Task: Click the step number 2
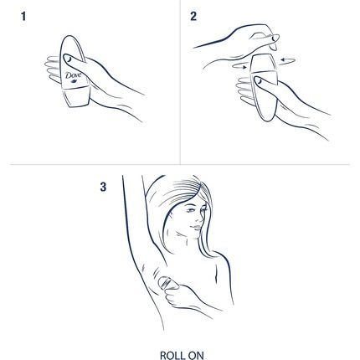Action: click(x=193, y=16)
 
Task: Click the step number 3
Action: click(x=103, y=187)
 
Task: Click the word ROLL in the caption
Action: click(x=171, y=355)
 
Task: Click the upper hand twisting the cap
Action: click(x=251, y=38)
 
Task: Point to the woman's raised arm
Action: click(x=134, y=226)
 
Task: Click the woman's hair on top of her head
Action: click(x=180, y=194)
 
